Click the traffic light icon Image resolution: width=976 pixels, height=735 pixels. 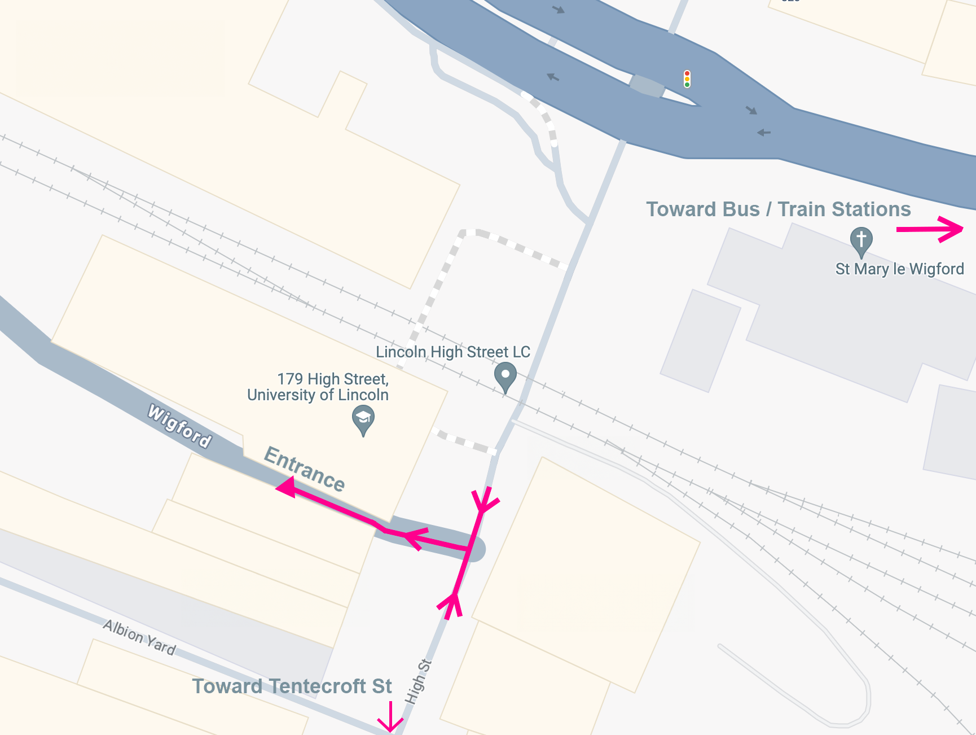point(687,79)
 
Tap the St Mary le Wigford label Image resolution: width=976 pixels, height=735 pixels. point(899,269)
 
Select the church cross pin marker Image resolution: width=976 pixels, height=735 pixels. point(861,241)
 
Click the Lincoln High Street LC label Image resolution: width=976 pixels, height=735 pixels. point(453,352)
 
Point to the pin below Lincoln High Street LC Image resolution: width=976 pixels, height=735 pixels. point(505,377)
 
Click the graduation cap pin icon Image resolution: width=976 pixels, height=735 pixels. point(363,420)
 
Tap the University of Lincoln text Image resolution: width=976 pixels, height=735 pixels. point(318,395)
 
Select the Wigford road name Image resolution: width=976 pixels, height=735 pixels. point(179,426)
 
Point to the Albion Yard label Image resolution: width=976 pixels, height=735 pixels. point(139,637)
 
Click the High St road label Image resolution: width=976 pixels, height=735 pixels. point(418,682)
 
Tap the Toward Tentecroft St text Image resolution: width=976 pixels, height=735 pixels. point(292,686)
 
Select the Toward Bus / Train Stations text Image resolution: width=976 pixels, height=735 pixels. point(778,209)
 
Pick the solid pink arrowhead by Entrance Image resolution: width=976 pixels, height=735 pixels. point(286,487)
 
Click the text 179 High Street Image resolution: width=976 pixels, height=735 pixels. point(333,379)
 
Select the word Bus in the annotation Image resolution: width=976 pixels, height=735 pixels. point(741,209)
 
